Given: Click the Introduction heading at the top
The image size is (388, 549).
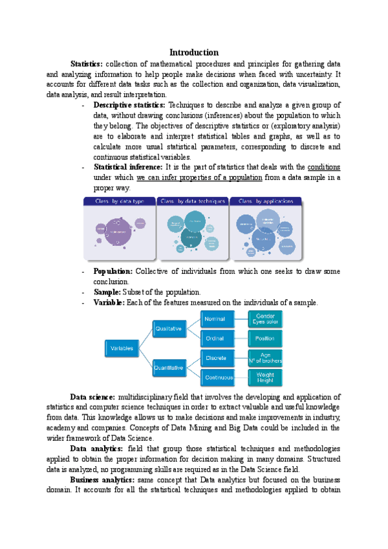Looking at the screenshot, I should click(193, 52).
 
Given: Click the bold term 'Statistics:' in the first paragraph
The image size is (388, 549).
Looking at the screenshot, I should click(86, 63).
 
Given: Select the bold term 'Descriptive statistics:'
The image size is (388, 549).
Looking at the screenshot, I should click(129, 105).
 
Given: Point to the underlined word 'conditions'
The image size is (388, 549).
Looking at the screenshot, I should click(324, 167).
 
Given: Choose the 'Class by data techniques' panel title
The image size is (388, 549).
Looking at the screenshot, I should click(193, 201).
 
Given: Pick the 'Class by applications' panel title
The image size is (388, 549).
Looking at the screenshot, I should click(266, 201).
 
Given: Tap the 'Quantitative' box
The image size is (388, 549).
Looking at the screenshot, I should click(169, 368).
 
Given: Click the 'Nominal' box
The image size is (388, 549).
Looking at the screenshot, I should click(215, 319).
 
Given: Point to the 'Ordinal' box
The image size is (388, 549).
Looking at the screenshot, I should click(215, 338).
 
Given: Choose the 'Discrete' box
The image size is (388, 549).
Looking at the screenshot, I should click(215, 357).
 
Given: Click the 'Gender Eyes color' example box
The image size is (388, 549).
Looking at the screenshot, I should click(265, 319).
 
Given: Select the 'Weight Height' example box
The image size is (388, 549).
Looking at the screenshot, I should click(265, 377).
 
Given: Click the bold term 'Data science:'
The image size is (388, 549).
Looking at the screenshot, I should click(92, 397).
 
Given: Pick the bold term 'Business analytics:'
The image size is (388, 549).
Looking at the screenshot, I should click(102, 480).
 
